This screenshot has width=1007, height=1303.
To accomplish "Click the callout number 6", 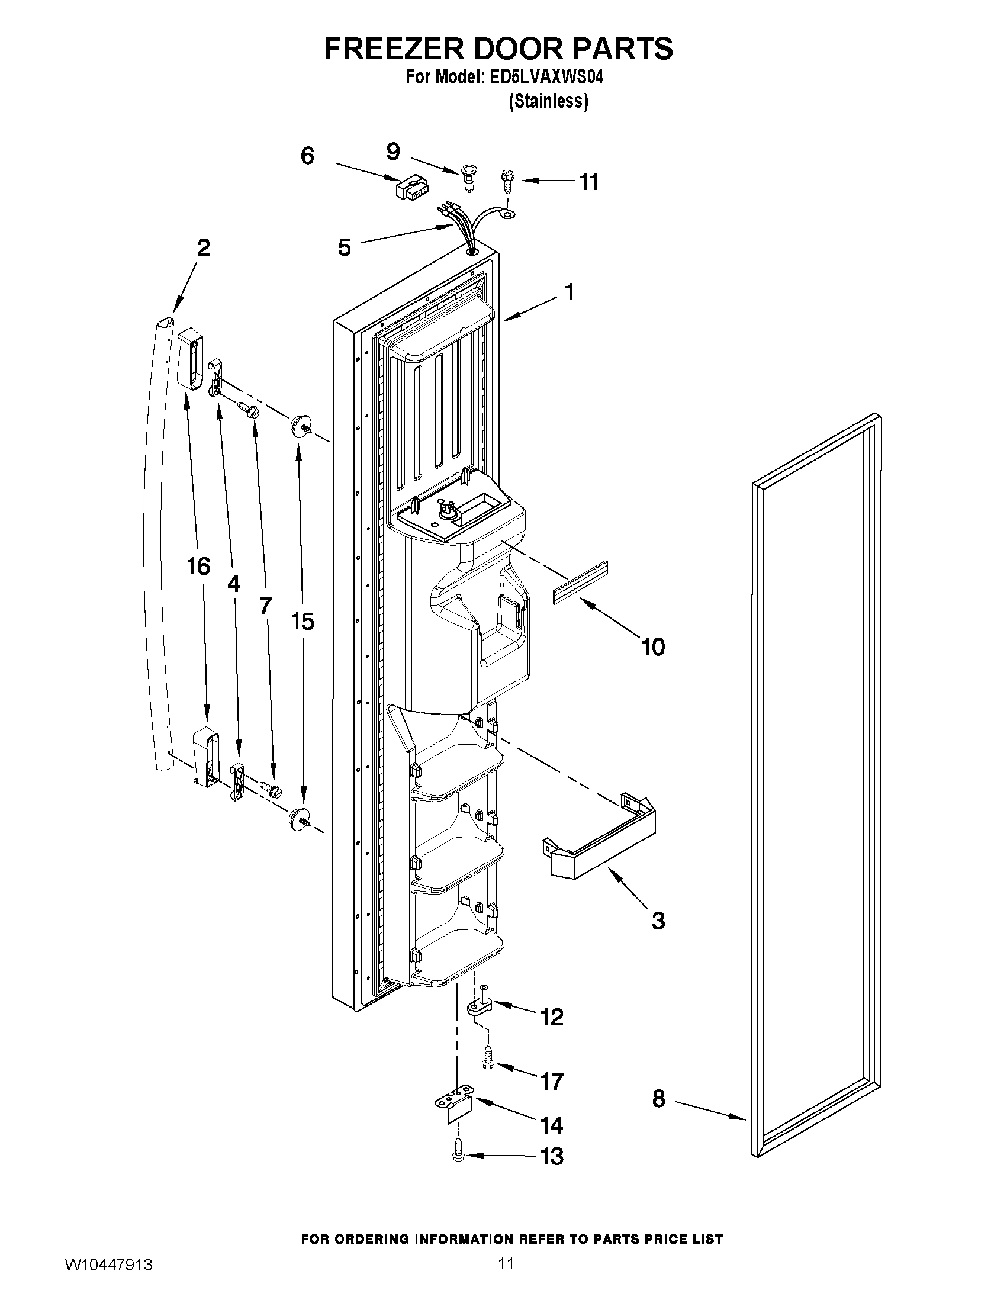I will coord(307,156).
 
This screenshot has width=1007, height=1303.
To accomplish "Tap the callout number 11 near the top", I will coord(589,182).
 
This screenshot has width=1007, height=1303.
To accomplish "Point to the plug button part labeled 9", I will coord(469,177).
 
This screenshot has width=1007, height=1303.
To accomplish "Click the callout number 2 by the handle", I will coord(204,248).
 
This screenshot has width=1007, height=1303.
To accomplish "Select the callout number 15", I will coord(303,622).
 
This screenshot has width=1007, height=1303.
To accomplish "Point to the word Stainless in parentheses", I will coord(548,102).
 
